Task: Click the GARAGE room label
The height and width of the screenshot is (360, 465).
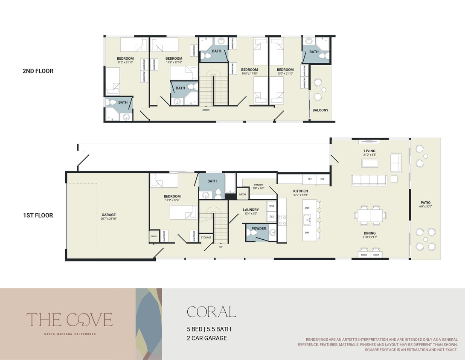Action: pos(108,215)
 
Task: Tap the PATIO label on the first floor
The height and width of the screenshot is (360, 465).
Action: pos(425,203)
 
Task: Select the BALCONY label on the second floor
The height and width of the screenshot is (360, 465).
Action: pos(320,110)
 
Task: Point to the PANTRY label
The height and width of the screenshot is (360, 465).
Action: pos(259,185)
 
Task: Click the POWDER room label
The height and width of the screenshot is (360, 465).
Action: pos(259,229)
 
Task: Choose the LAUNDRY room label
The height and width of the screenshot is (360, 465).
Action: pos(251,210)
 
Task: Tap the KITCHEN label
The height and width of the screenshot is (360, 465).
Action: pos(300,191)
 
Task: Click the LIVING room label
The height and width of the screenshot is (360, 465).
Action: pos(369,151)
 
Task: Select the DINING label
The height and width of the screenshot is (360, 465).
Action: pos(369,233)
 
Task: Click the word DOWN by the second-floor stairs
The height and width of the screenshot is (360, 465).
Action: pos(206,110)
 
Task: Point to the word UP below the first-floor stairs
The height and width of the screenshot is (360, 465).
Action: pos(221,247)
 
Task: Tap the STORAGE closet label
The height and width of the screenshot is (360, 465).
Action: pos(206,237)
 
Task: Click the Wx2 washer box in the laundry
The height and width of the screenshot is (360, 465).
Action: pos(272,206)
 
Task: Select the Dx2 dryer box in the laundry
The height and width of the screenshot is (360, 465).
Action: pos(272,217)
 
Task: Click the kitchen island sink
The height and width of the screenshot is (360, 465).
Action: pos(307,220)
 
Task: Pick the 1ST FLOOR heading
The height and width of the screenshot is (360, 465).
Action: pos(38,215)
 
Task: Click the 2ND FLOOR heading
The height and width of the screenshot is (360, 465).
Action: pos(38,71)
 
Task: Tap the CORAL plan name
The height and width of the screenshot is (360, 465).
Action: pos(211,312)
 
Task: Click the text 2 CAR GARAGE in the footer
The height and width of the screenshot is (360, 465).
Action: pos(207,338)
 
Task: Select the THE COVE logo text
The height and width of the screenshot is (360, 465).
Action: pos(70,319)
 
